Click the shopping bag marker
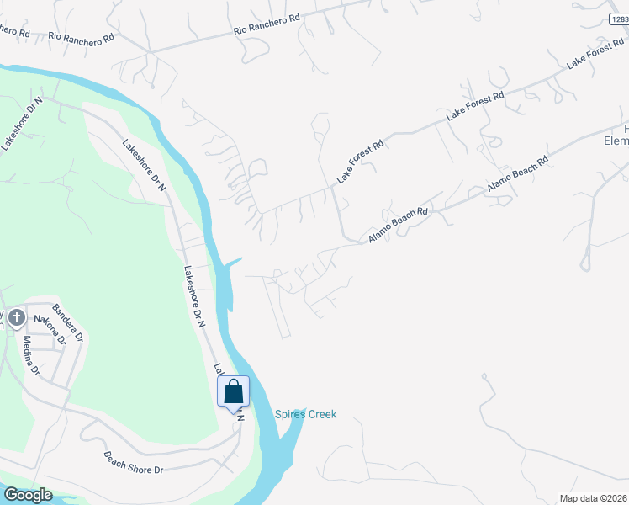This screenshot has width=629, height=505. pos(233,391)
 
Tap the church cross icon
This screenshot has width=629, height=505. pos(16,317)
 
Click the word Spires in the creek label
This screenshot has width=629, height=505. pos(290,414)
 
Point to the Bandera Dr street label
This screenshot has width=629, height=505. pos(67,322)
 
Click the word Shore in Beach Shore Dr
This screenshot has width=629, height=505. pos(138,463)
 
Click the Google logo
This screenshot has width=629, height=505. pos(27,495)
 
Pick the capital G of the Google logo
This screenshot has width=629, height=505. pos(10,495)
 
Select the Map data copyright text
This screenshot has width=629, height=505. pos(593,498)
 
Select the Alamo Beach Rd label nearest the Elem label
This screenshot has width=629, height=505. pos(517,173)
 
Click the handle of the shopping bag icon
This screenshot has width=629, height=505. pos(233,384)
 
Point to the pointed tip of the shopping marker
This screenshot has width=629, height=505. pos(233,412)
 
